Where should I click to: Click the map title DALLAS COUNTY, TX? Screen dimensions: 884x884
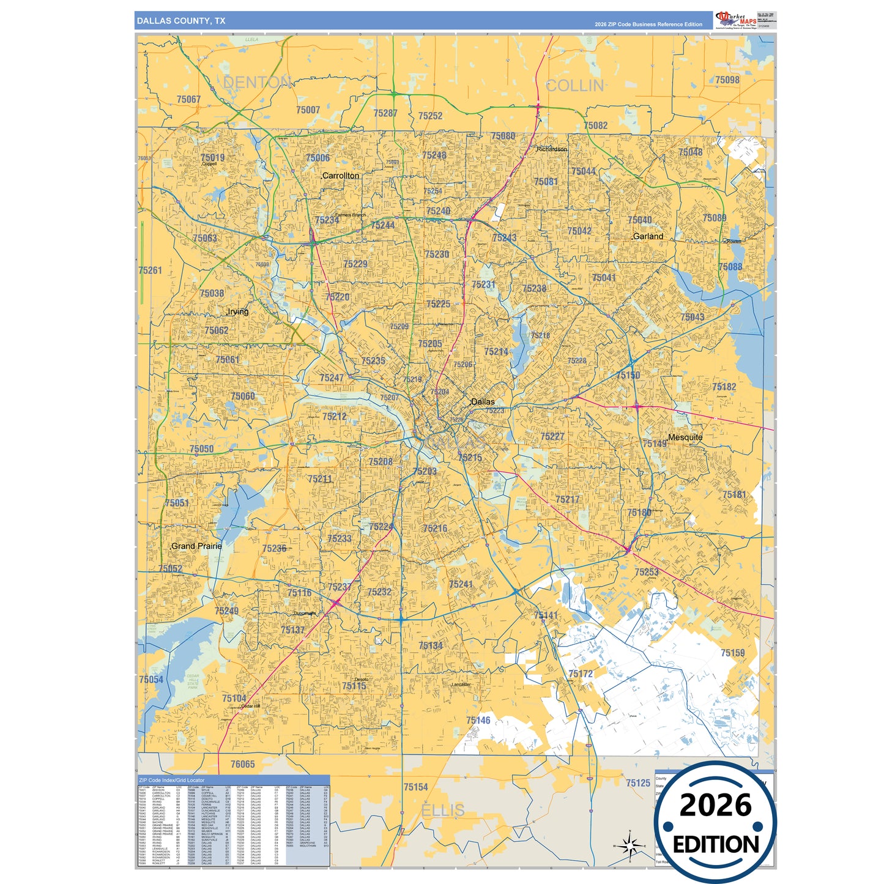pos(181,21)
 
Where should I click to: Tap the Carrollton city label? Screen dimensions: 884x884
pos(341,176)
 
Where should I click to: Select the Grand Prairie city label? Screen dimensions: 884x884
pos(196,546)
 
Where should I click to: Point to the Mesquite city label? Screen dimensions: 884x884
pos(685,437)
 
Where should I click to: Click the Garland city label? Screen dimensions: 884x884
pos(648,236)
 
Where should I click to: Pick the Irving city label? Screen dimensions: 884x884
pos(238,311)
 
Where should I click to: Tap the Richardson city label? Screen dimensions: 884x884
pos(552,149)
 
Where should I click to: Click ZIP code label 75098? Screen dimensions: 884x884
pos(727,80)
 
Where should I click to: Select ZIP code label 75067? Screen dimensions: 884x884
pos(188,99)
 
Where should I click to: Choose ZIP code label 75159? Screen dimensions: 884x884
pos(732,653)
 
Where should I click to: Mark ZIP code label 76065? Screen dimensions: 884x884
pos(242,764)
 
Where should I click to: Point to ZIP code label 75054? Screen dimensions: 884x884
pos(151,680)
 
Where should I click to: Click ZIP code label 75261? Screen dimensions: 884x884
pos(150,270)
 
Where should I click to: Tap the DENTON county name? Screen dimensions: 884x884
pos(257,83)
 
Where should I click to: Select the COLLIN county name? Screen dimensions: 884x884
pos(574,86)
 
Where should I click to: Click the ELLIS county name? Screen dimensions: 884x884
pos(443,811)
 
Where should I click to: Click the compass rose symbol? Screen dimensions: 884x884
pos(630,846)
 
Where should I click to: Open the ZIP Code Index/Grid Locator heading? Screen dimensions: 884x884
pos(172,780)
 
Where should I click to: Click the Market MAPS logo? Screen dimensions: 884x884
pos(736,20)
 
